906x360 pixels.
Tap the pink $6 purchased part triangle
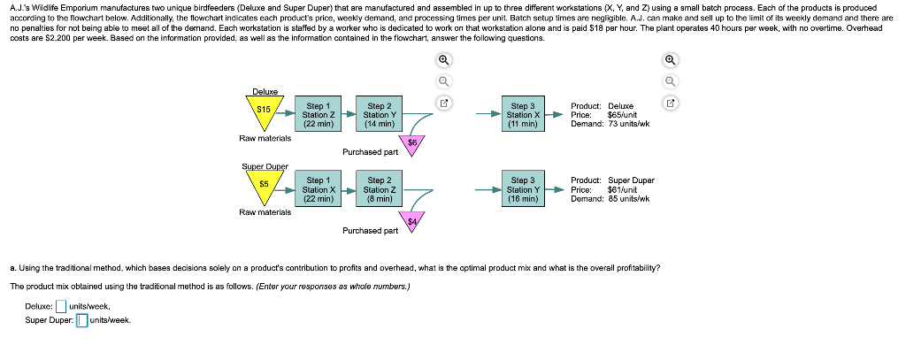pos(412,143)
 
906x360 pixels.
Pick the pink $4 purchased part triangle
pos(412,218)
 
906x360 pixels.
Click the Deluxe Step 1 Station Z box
pos(318,115)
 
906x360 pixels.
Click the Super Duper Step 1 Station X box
pos(318,189)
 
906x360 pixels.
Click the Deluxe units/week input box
pos(61,307)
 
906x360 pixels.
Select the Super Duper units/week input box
pos(81,320)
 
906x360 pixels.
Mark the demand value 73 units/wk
pos(629,124)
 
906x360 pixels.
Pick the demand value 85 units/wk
pos(629,199)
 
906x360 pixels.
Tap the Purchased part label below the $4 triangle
pos(370,231)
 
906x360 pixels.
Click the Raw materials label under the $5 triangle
pos(265,212)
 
